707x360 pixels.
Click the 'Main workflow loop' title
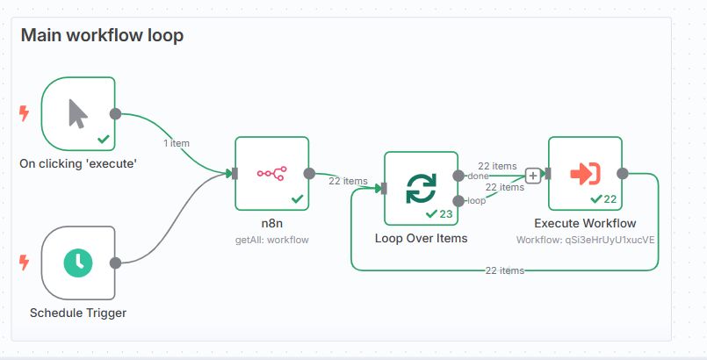pyautogui.click(x=102, y=36)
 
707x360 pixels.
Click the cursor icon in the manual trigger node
pyautogui.click(x=78, y=113)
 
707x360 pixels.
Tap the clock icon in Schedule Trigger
pyautogui.click(x=78, y=262)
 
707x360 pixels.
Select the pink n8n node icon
pyautogui.click(x=271, y=173)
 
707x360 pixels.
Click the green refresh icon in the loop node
pyautogui.click(x=421, y=188)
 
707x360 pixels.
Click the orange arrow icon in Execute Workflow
pyautogui.click(x=584, y=173)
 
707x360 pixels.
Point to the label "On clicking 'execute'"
pyautogui.click(x=78, y=163)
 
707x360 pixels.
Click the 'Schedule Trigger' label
pyautogui.click(x=78, y=313)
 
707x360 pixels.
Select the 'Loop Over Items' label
pyautogui.click(x=421, y=238)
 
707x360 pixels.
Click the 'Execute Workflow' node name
pyautogui.click(x=585, y=223)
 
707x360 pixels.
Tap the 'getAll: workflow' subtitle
pyautogui.click(x=272, y=239)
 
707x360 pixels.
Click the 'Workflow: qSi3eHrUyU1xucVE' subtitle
pyautogui.click(x=586, y=239)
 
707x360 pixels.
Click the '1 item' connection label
pyautogui.click(x=176, y=142)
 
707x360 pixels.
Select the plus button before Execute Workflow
pyautogui.click(x=532, y=176)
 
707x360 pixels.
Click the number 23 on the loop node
pyautogui.click(x=445, y=213)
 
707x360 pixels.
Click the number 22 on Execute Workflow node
pyautogui.click(x=610, y=198)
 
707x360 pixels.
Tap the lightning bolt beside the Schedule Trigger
pyautogui.click(x=24, y=262)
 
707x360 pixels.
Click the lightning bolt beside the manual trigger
pyautogui.click(x=24, y=113)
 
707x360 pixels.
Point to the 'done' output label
pyautogui.click(x=477, y=176)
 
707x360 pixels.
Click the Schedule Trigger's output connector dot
pyautogui.click(x=115, y=262)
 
